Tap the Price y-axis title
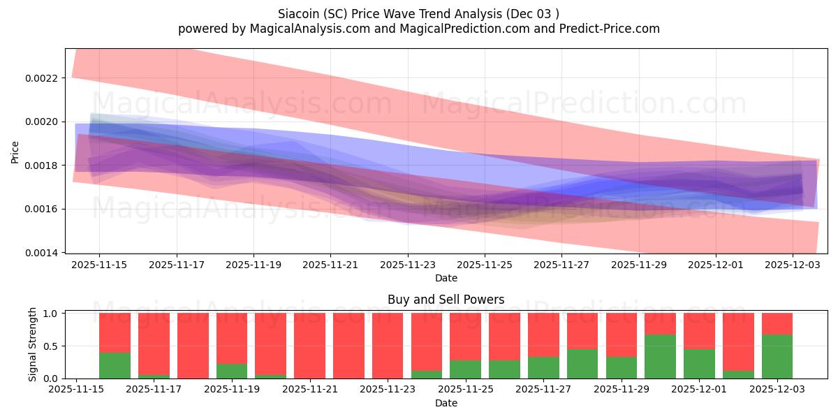15,151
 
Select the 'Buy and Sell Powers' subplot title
446,300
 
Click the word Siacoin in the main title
300,13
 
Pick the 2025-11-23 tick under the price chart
408,265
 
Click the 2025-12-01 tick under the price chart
715,265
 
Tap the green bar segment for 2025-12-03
777,356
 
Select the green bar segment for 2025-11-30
660,356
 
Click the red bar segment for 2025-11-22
348,345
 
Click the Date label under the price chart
446,278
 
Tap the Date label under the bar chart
446,403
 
